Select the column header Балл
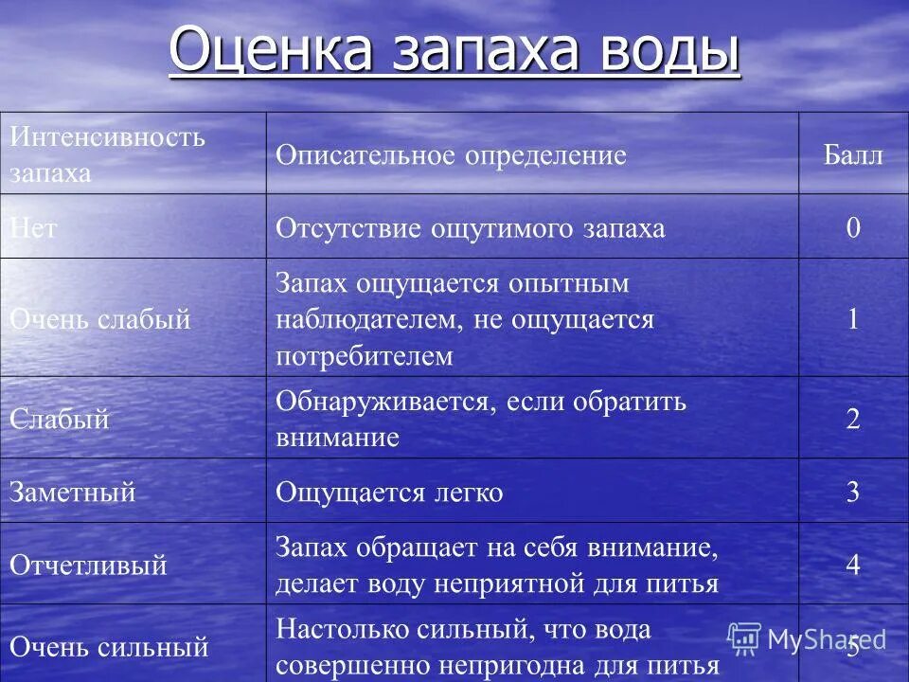point(852,155)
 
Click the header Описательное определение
point(451,155)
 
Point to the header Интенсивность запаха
point(107,153)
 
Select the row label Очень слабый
point(100,319)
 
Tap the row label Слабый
point(60,419)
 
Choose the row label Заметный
point(73,493)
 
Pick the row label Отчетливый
point(88,565)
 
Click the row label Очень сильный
point(109,647)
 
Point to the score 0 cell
point(853,228)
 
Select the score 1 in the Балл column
point(853,319)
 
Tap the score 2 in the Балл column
point(853,419)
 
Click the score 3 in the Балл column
point(853,493)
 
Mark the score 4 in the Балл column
point(853,565)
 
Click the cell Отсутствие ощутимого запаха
point(470,228)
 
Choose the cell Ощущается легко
point(389,493)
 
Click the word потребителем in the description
point(365,356)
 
